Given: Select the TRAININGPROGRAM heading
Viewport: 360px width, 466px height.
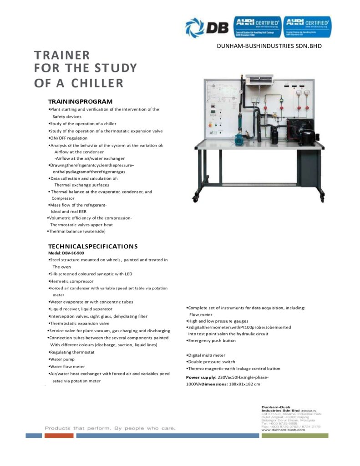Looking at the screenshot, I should [x=81, y=101].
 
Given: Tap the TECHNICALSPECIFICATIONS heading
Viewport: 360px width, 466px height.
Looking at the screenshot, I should [x=93, y=246].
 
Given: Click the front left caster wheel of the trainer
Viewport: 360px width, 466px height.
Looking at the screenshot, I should [x=196, y=198].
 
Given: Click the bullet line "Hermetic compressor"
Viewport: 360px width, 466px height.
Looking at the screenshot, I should [x=71, y=281].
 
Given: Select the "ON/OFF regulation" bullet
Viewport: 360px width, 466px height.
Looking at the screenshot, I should [x=68, y=138].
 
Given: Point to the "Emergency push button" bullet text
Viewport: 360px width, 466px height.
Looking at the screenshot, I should [x=212, y=340].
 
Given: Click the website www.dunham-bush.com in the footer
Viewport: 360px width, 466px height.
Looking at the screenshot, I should [x=283, y=430].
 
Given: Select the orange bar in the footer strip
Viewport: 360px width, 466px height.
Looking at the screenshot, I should [x=59, y=436].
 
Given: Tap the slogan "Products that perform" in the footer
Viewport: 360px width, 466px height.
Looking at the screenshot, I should [x=77, y=428].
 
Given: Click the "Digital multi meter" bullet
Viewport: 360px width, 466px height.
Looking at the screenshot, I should [x=207, y=355].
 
